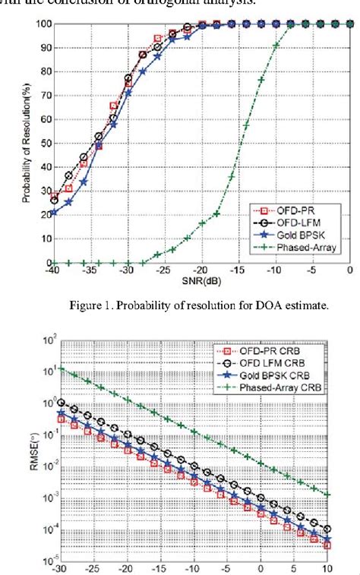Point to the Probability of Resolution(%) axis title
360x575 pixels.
point(25,142)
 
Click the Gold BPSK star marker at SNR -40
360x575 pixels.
point(53,213)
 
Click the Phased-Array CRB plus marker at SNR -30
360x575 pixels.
point(61,370)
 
